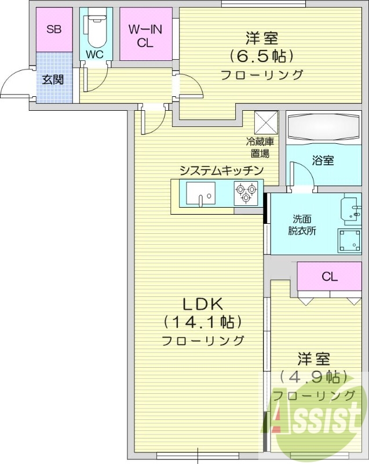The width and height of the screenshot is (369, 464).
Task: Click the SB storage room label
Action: pyautogui.click(x=54, y=30)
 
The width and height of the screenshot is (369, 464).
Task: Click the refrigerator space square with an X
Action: pyautogui.click(x=267, y=122)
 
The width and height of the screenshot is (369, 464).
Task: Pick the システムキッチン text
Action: pyautogui.click(x=221, y=171)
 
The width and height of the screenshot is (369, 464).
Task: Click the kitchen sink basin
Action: pyautogui.click(x=200, y=194)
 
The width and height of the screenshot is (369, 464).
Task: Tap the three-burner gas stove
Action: pyautogui.click(x=246, y=193)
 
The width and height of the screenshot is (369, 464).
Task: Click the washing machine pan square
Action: pyautogui.click(x=350, y=240)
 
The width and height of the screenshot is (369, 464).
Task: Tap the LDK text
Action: pyautogui.click(x=202, y=304)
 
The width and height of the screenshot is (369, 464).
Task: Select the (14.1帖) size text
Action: pyautogui.click(x=202, y=322)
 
